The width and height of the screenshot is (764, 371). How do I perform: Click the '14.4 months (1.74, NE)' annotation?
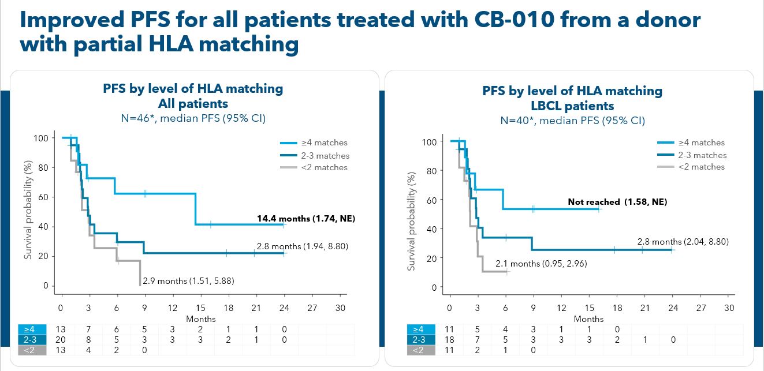(x=305, y=219)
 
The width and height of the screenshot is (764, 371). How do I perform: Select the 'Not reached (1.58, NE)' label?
(x=617, y=202)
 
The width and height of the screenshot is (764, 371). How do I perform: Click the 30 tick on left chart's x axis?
(x=340, y=308)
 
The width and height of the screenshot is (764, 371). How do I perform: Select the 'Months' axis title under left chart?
(x=201, y=318)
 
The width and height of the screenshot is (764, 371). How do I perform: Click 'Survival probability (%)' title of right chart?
(x=412, y=220)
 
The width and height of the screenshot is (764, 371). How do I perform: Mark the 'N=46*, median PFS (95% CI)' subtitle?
(x=193, y=119)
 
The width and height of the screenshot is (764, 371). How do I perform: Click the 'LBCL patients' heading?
(x=572, y=106)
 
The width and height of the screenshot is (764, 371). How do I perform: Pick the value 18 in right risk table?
(x=449, y=340)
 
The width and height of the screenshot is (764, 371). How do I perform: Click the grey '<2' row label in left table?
(x=29, y=350)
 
